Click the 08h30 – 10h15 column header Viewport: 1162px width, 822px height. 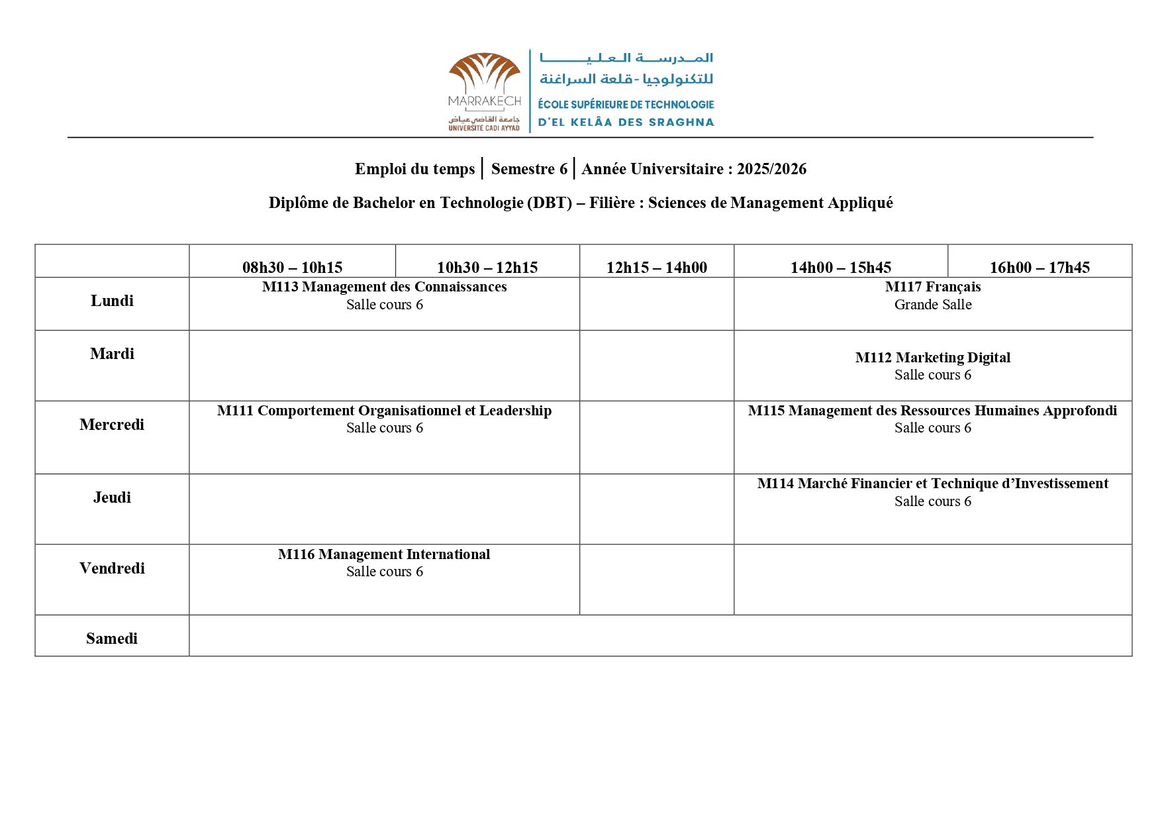pyautogui.click(x=292, y=268)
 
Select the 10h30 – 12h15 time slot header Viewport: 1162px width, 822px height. pyautogui.click(x=487, y=268)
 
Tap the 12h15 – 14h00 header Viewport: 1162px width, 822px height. pyautogui.click(x=656, y=268)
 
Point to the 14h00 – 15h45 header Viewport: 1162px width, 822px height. pyautogui.click(x=840, y=268)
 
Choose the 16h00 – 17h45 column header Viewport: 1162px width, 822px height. pyautogui.click(x=1040, y=268)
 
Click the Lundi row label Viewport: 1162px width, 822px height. pyautogui.click(x=112, y=301)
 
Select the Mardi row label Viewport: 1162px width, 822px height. pyautogui.click(x=112, y=354)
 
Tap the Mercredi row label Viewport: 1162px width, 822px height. pyautogui.click(x=112, y=425)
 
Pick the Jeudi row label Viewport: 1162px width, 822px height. pyautogui.click(x=112, y=497)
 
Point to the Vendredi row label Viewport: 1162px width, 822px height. pyautogui.click(x=112, y=568)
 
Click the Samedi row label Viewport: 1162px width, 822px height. pyautogui.click(x=112, y=639)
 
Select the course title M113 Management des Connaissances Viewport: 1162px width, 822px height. pyautogui.click(x=384, y=287)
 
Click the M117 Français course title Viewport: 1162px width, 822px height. pyautogui.click(x=933, y=287)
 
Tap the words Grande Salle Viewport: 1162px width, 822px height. pyautogui.click(x=933, y=305)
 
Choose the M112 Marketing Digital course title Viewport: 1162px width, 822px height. pyautogui.click(x=933, y=358)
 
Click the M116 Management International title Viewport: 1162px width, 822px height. pyautogui.click(x=384, y=554)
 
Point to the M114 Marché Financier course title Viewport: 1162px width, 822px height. pyautogui.click(x=933, y=484)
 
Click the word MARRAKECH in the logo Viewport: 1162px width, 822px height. pyautogui.click(x=485, y=101)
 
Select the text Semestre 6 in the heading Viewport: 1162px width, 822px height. pyautogui.click(x=529, y=169)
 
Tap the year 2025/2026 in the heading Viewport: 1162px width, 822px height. pyautogui.click(x=771, y=169)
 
